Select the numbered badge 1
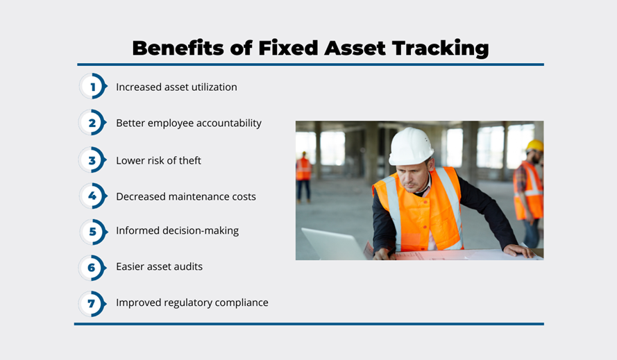(x=93, y=86)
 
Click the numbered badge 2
(x=93, y=122)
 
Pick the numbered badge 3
(x=93, y=160)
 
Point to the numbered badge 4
(x=93, y=196)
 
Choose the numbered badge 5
(x=93, y=232)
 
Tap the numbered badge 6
(x=93, y=268)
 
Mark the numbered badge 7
(x=93, y=303)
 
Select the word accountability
(x=228, y=123)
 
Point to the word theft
(x=190, y=160)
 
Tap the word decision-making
(x=201, y=231)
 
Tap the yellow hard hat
(x=535, y=145)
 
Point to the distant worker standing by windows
(x=303, y=177)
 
